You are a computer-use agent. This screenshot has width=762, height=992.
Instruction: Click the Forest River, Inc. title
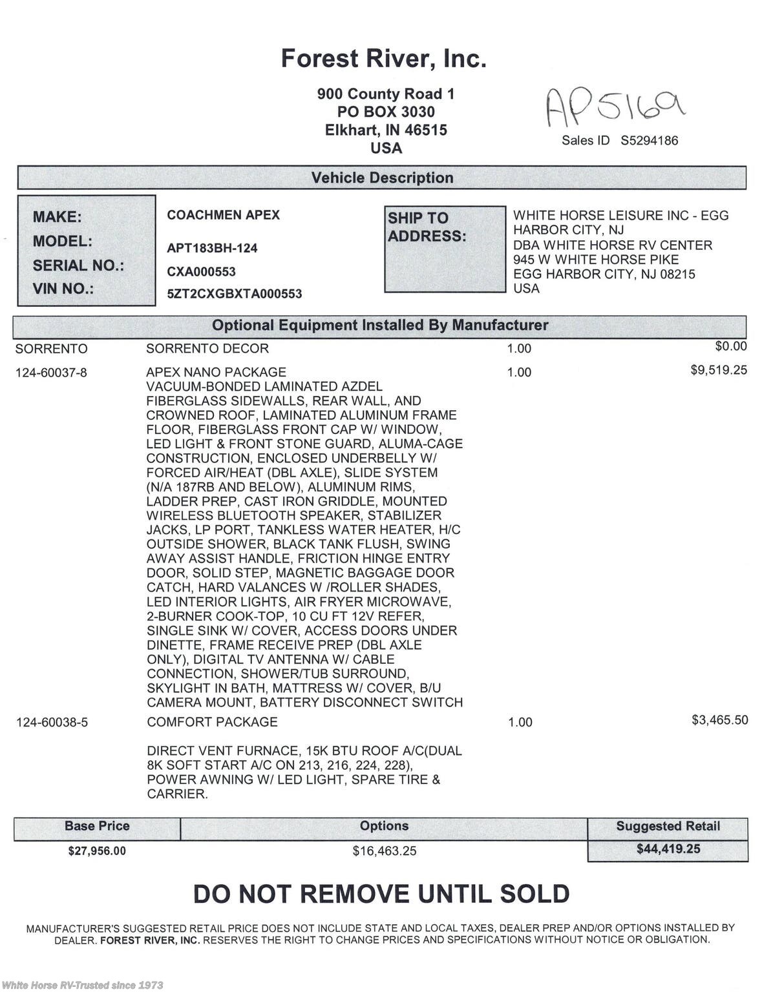click(x=383, y=59)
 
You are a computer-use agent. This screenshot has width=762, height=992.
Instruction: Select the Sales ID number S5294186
click(x=649, y=141)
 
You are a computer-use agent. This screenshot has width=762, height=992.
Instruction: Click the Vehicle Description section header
click(x=382, y=178)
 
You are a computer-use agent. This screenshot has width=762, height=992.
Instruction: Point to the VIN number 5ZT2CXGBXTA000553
click(x=234, y=294)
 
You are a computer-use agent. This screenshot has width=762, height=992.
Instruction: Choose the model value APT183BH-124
click(x=212, y=248)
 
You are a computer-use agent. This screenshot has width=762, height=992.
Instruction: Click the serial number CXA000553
click(x=201, y=272)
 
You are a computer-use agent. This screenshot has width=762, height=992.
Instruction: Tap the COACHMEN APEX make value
click(x=223, y=215)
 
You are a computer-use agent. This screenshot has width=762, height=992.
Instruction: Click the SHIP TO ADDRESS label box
click(x=445, y=249)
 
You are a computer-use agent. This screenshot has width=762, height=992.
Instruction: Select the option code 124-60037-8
click(x=51, y=373)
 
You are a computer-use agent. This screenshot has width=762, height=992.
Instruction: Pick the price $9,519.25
click(x=719, y=370)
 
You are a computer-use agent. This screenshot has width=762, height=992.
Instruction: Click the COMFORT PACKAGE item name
click(x=212, y=722)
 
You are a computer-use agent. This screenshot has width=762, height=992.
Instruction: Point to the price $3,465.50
click(x=719, y=720)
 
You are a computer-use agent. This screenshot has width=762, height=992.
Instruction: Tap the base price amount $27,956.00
click(x=97, y=851)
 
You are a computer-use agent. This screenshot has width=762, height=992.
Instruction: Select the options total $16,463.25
click(x=385, y=851)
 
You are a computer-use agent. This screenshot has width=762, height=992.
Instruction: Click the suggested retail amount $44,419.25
click(x=668, y=849)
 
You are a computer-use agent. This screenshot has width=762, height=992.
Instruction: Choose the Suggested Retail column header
click(x=668, y=826)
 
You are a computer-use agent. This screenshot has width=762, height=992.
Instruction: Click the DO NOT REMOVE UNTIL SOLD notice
click(x=381, y=894)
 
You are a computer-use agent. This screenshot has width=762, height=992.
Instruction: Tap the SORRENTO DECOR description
click(x=207, y=349)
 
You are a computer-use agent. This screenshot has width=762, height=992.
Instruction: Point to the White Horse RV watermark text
click(x=82, y=985)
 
